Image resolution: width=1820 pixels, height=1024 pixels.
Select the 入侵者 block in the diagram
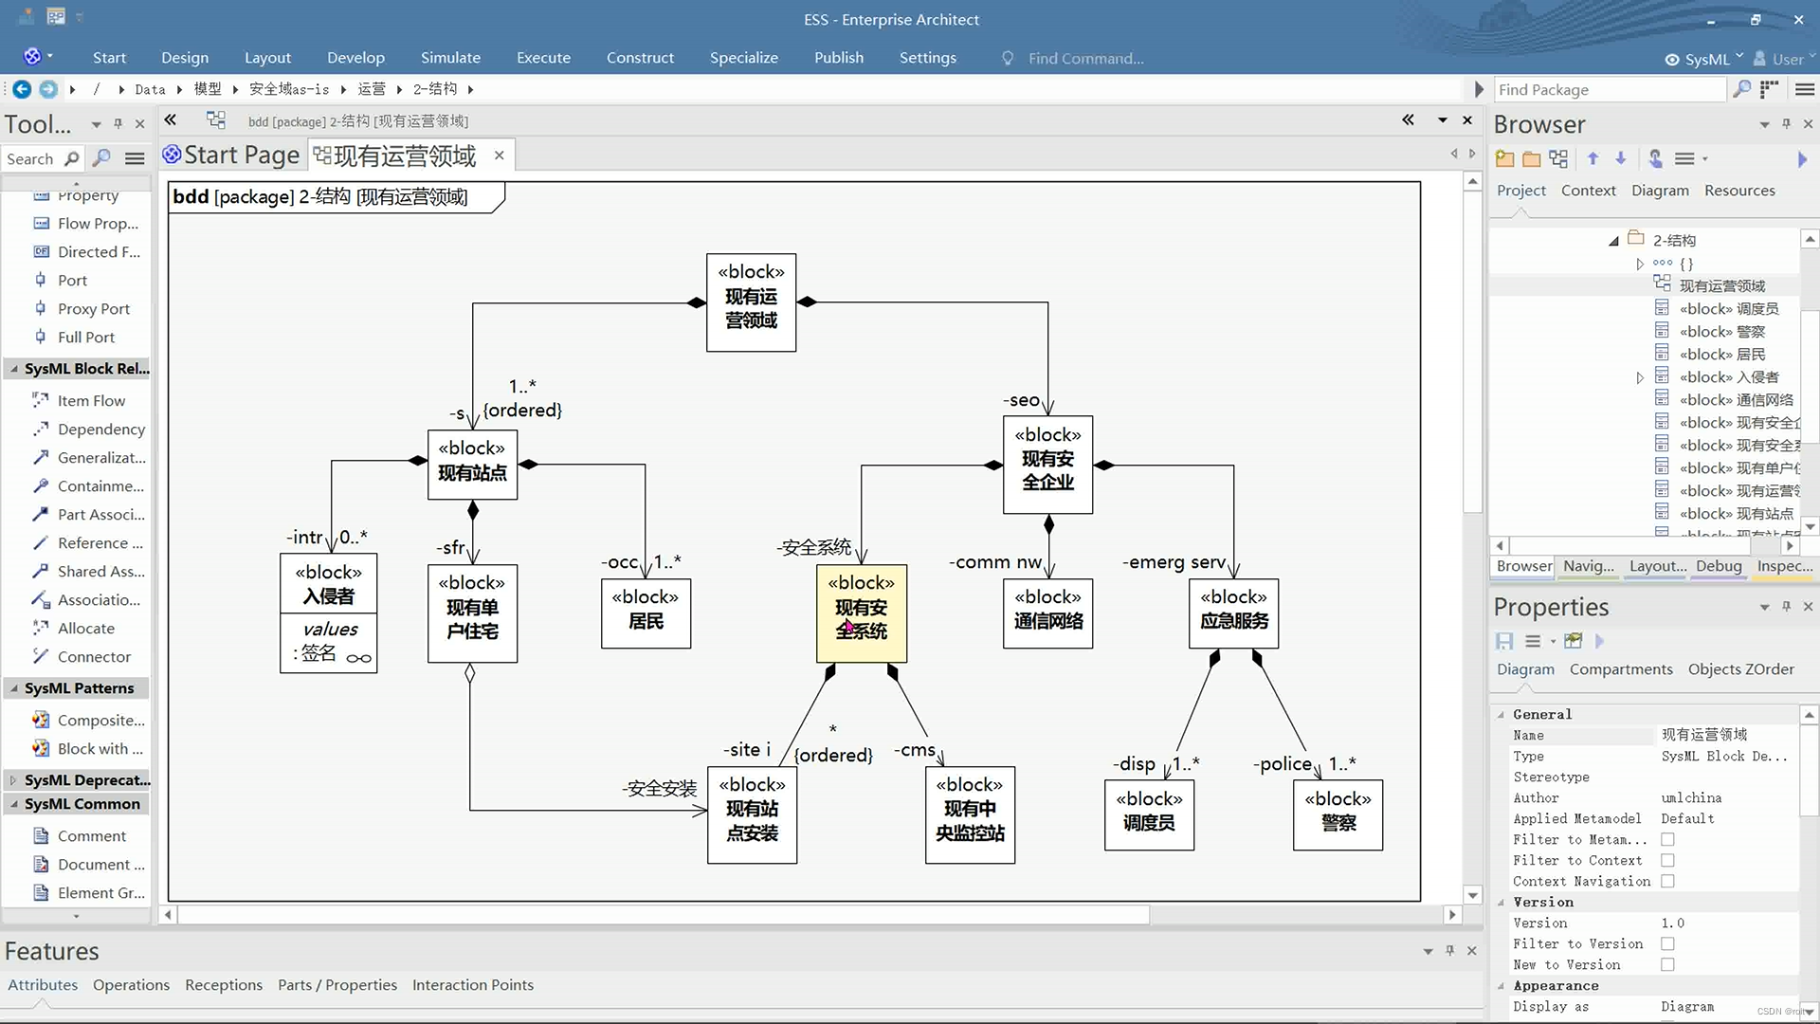[328, 584]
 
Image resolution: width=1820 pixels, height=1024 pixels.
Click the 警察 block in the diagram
[1338, 814]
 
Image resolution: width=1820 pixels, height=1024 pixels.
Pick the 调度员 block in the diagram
[1149, 814]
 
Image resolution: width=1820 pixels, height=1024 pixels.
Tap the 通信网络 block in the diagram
[1047, 613]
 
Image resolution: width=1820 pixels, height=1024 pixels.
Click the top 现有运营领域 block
[751, 302]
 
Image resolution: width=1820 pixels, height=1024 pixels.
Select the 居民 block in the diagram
[646, 613]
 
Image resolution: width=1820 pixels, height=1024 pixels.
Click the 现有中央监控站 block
[970, 814]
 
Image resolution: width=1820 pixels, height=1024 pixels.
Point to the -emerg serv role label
[1174, 562]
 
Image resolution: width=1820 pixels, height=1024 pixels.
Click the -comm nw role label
[995, 562]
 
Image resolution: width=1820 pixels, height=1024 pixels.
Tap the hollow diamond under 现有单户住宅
[470, 673]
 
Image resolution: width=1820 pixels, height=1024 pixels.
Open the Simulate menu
[450, 58]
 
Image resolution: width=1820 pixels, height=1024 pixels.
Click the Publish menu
[839, 58]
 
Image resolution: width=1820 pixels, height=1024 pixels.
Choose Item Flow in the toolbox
[91, 401]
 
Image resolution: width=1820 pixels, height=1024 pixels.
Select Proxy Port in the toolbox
[93, 309]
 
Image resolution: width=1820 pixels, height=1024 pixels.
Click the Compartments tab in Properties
[1621, 669]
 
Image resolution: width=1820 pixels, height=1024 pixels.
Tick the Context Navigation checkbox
[1667, 882]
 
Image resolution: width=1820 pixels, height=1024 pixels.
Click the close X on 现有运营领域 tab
[500, 155]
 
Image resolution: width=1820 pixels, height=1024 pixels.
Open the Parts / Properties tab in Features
[337, 985]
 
